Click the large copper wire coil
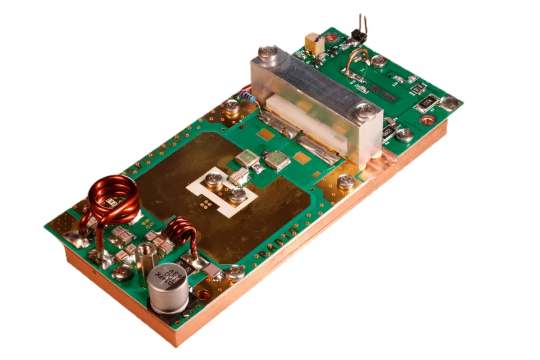point(113,200)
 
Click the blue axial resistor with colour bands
point(247,96)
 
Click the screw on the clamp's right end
point(366,111)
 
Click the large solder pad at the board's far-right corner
point(450,103)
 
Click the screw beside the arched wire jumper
point(379,61)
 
